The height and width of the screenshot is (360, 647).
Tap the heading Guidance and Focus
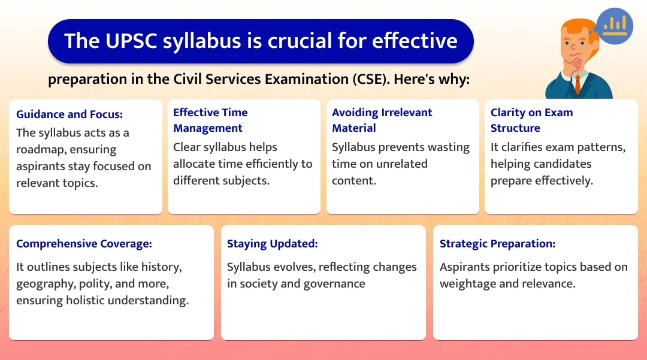click(x=69, y=114)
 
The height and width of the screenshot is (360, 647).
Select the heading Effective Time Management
click(x=210, y=120)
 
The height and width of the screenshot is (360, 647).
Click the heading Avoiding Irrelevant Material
click(x=382, y=120)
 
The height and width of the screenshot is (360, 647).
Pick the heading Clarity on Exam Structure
click(x=531, y=120)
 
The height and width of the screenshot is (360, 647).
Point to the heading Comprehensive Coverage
click(x=84, y=243)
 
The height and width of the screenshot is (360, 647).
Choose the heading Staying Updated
click(x=272, y=243)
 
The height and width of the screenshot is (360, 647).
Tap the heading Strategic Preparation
click(x=497, y=243)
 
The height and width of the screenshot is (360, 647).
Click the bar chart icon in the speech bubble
click(x=615, y=25)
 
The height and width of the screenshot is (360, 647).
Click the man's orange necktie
click(x=578, y=84)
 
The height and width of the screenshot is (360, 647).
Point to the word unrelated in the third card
click(x=400, y=164)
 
